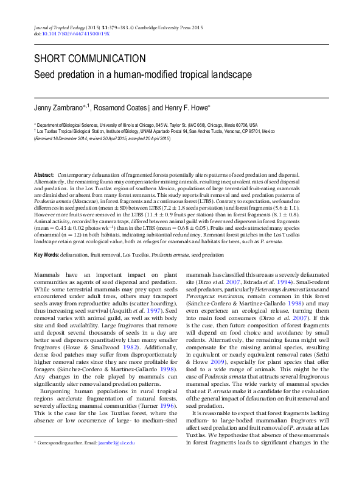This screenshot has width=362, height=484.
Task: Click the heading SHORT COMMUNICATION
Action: (89, 59)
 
